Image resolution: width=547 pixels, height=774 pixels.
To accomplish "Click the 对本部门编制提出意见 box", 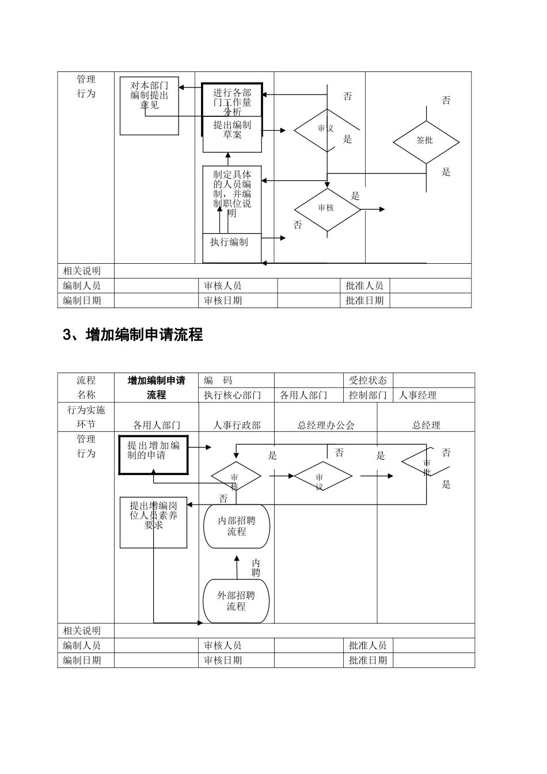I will [x=149, y=105].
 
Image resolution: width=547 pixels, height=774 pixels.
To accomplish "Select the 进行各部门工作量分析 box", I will [x=232, y=100].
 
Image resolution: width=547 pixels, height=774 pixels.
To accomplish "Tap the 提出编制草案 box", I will [x=232, y=134].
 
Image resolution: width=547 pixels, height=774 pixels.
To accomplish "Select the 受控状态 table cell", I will [x=368, y=380].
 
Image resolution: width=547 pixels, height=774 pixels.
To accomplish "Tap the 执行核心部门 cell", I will [x=233, y=395].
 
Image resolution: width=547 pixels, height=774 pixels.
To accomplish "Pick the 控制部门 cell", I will [x=368, y=395].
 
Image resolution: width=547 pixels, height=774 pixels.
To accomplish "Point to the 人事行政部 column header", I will [x=237, y=425].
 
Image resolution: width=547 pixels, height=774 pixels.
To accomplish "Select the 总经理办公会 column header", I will [x=326, y=425].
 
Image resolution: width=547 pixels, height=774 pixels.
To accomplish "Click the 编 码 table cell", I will [x=218, y=380].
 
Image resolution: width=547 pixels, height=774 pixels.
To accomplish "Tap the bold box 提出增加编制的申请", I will [x=153, y=454].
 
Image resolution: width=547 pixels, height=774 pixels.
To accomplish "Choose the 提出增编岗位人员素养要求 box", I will [x=153, y=522].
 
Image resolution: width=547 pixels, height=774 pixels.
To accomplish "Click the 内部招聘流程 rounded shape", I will [x=237, y=526].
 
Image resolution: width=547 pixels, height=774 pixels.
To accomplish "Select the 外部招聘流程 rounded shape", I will [x=236, y=601].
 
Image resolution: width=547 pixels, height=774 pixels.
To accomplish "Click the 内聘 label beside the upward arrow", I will [x=256, y=568].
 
